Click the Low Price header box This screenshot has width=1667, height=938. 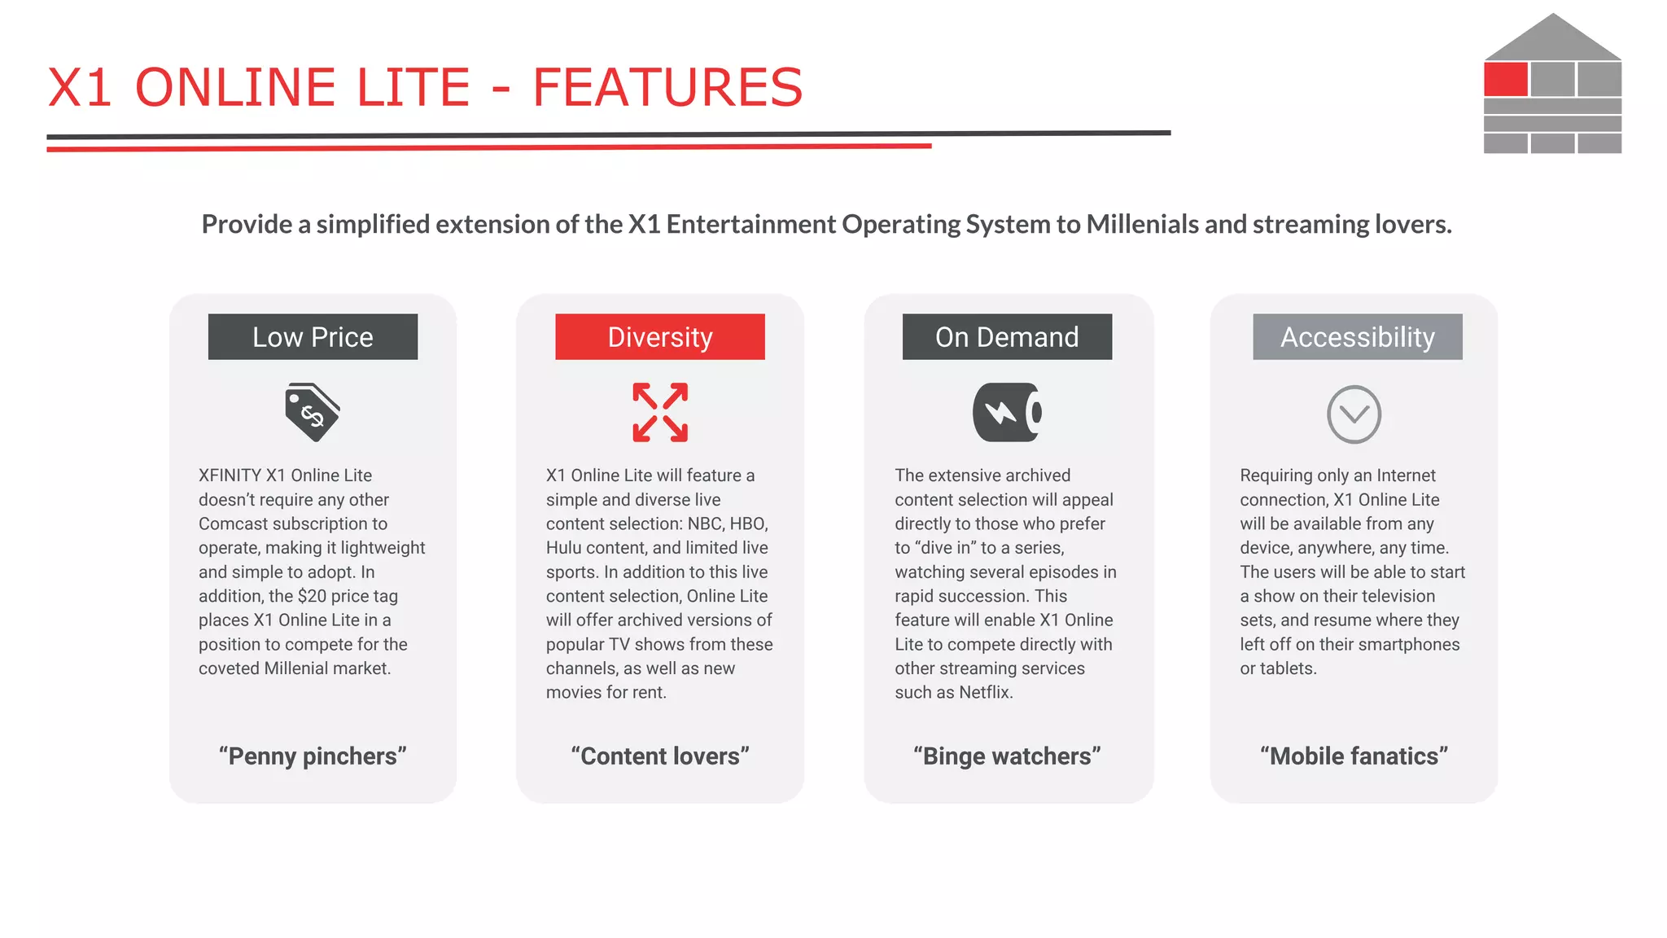pos(313,336)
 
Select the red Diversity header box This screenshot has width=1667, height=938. pos(659,336)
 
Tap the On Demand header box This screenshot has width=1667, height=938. pos(1007,336)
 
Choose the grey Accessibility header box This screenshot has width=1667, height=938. pos(1357,336)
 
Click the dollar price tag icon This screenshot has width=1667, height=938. pos(312,413)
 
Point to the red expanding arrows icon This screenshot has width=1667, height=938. pos(660,413)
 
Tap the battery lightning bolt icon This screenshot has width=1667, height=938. pos(1007,413)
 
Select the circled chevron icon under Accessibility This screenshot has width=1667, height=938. pos(1354,414)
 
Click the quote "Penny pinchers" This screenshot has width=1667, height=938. pos(313,756)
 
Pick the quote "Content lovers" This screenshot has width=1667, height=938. pos(660,756)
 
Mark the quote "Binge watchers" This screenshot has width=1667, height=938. pos(1007,756)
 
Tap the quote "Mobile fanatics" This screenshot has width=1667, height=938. pos(1354,756)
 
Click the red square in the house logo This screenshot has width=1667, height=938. pos(1505,80)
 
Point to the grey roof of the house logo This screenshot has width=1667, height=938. pos(1552,39)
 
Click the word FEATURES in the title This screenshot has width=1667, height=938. pos(667,87)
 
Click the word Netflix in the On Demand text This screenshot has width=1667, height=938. pos(985,692)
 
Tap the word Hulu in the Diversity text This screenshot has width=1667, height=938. pos(564,548)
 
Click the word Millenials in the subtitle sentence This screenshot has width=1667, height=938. pos(1142,224)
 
